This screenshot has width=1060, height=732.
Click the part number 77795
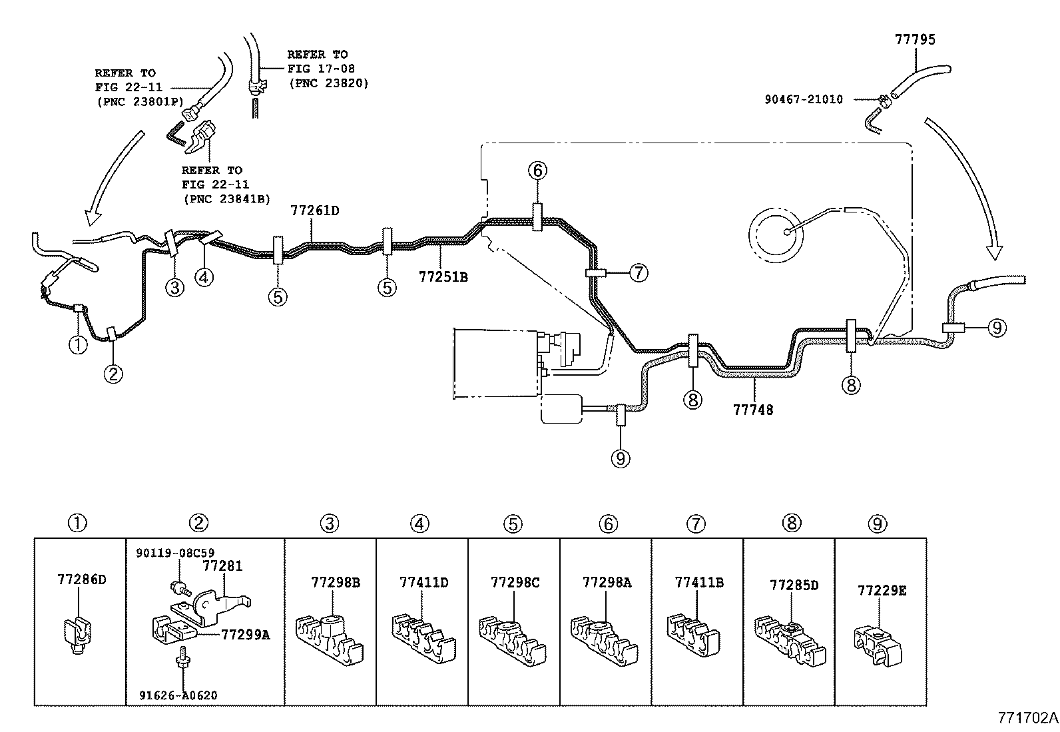point(915,39)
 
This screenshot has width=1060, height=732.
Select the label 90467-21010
point(804,99)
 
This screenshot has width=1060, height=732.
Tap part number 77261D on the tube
point(315,210)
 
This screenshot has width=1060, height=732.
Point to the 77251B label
point(443,277)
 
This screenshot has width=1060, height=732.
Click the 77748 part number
point(753,410)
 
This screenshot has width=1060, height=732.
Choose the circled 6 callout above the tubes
point(537,171)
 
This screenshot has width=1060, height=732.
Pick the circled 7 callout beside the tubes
point(639,272)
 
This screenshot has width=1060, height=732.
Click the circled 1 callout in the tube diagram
point(78,344)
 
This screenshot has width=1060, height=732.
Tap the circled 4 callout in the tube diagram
point(204,278)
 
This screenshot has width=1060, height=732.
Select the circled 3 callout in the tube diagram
point(174,287)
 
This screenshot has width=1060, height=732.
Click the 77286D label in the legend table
point(82,579)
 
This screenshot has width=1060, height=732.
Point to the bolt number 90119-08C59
point(175,553)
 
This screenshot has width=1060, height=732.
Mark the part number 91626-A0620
point(178,695)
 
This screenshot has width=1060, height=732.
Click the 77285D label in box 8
point(794,585)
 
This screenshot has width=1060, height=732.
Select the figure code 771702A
point(1028,718)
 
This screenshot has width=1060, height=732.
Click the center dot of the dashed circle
point(787,232)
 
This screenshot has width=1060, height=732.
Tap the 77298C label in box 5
point(515,582)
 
